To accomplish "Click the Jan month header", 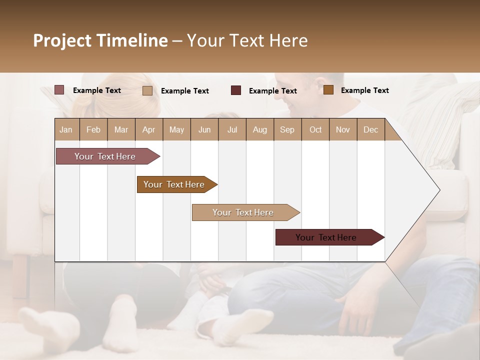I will click(66, 129).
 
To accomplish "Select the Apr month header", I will click(148, 129).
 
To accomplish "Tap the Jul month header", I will click(232, 129).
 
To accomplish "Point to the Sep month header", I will click(287, 129).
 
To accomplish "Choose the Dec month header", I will click(370, 129).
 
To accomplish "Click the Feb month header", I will click(93, 129).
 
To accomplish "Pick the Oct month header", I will click(315, 129).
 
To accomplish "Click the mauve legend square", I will click(59, 90).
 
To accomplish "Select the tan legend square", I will click(147, 90).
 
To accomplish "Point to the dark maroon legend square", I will click(236, 90).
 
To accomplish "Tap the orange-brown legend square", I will click(328, 90).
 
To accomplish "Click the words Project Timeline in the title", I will click(100, 40).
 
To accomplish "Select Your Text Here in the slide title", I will click(247, 40).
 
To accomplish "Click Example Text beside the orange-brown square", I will click(364, 90).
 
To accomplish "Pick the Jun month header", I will click(204, 129).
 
